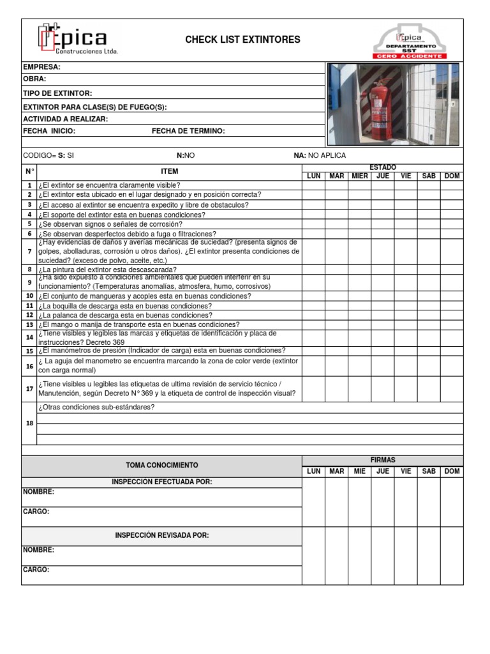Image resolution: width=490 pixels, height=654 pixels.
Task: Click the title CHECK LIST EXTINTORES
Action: pos(242,40)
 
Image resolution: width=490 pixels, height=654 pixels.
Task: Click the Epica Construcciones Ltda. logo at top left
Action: pos(77,40)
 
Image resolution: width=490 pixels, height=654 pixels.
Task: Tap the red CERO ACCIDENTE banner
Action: pos(410,56)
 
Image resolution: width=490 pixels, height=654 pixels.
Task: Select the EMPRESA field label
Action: pos(41,67)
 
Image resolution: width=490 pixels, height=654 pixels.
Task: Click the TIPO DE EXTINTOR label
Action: pos(57,93)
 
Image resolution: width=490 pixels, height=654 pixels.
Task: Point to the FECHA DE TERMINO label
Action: pos(188,131)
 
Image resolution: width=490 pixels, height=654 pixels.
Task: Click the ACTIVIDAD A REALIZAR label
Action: pos(65,119)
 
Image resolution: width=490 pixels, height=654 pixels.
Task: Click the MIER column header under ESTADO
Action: pos(360,176)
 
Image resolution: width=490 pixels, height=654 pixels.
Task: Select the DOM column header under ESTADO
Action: pos(452,176)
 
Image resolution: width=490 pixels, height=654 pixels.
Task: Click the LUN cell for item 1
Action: pos(314,185)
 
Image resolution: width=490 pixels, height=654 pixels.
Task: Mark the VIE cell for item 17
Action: pos(406,388)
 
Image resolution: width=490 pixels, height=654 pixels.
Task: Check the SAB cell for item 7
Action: pos(429,252)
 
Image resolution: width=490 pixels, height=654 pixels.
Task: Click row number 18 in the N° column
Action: pos(29,423)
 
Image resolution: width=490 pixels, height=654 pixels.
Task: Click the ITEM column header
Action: pos(170,171)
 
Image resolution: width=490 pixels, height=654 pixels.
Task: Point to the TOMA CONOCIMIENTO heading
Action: pos(161,466)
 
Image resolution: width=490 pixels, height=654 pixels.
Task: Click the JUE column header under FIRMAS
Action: pos(383,471)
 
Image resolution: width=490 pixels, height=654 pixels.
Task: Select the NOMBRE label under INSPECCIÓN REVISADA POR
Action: pos(38,550)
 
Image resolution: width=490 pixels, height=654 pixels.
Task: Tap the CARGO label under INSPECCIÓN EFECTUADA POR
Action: pos(36,512)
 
